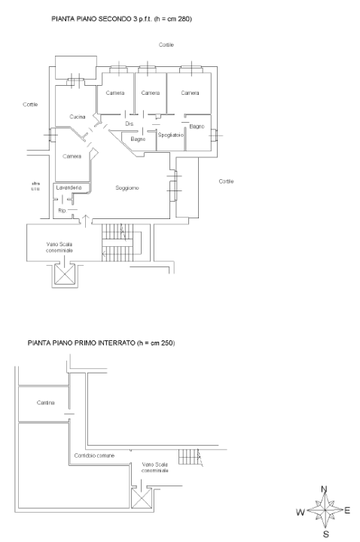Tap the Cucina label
[78, 117]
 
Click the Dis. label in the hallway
[129, 123]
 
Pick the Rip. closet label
[62, 211]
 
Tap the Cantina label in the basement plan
[46, 403]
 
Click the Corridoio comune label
[93, 456]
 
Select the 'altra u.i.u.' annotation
[35, 186]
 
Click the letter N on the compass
[325, 489]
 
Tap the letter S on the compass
[325, 535]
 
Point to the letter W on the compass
[300, 513]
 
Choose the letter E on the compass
[348, 510]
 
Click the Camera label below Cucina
[72, 156]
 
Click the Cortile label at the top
[166, 45]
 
